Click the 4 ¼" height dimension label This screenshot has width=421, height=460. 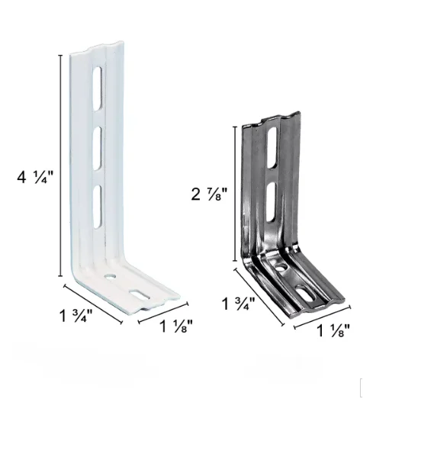tap(36, 177)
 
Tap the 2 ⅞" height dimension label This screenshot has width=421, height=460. tap(209, 194)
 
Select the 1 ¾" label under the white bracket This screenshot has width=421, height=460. tap(76, 315)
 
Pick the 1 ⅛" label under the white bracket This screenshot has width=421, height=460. tap(176, 326)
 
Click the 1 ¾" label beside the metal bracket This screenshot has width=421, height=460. tap(239, 304)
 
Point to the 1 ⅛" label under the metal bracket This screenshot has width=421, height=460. tap(333, 330)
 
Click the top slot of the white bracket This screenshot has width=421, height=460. tap(98, 88)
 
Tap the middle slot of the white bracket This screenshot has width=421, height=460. tap(98, 148)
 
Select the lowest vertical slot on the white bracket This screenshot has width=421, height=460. tap(98, 207)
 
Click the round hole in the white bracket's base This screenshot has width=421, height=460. tap(111, 276)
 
